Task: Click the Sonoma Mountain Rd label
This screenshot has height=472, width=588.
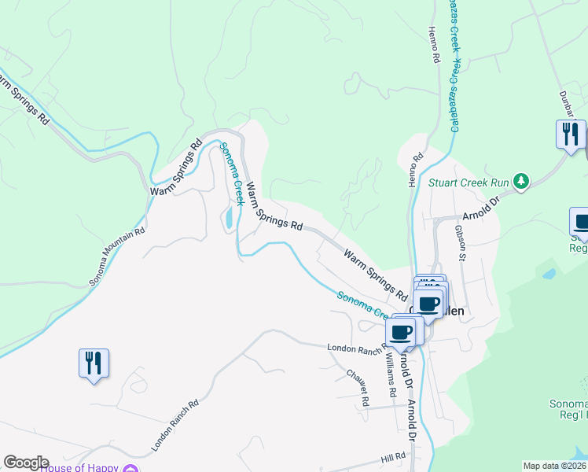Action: (117, 256)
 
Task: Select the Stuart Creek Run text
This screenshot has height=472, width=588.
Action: (469, 183)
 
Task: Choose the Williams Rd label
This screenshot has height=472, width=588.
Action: (391, 373)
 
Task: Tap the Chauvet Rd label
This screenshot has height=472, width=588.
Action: (358, 388)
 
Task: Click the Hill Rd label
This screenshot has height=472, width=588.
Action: (393, 456)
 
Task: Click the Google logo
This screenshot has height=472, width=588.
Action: (26, 463)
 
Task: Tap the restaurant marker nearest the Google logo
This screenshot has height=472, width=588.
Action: (94, 364)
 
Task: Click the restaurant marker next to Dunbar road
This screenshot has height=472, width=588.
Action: (571, 135)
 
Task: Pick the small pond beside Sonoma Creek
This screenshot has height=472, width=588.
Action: (229, 216)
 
